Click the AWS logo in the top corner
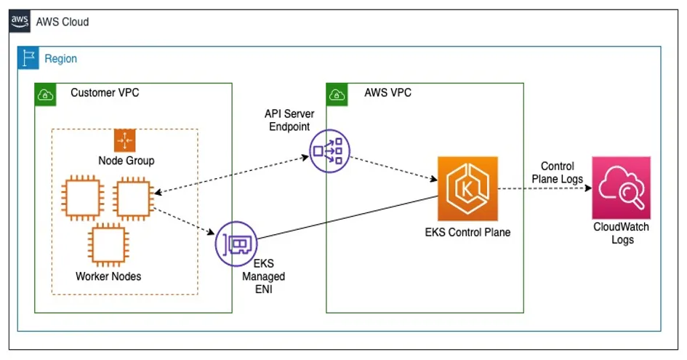(x=20, y=21)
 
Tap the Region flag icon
(x=29, y=58)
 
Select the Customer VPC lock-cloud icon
(x=46, y=94)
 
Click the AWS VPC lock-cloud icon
(x=337, y=94)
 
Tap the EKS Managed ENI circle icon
(x=236, y=244)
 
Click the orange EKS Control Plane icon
(x=467, y=188)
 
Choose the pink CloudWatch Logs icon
(x=621, y=188)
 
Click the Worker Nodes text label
(x=108, y=276)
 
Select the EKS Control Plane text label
(x=467, y=233)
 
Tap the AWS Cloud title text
(x=63, y=22)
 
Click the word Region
(x=60, y=58)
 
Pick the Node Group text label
(x=126, y=161)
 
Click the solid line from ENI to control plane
(x=349, y=218)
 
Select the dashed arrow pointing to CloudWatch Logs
(x=545, y=188)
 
